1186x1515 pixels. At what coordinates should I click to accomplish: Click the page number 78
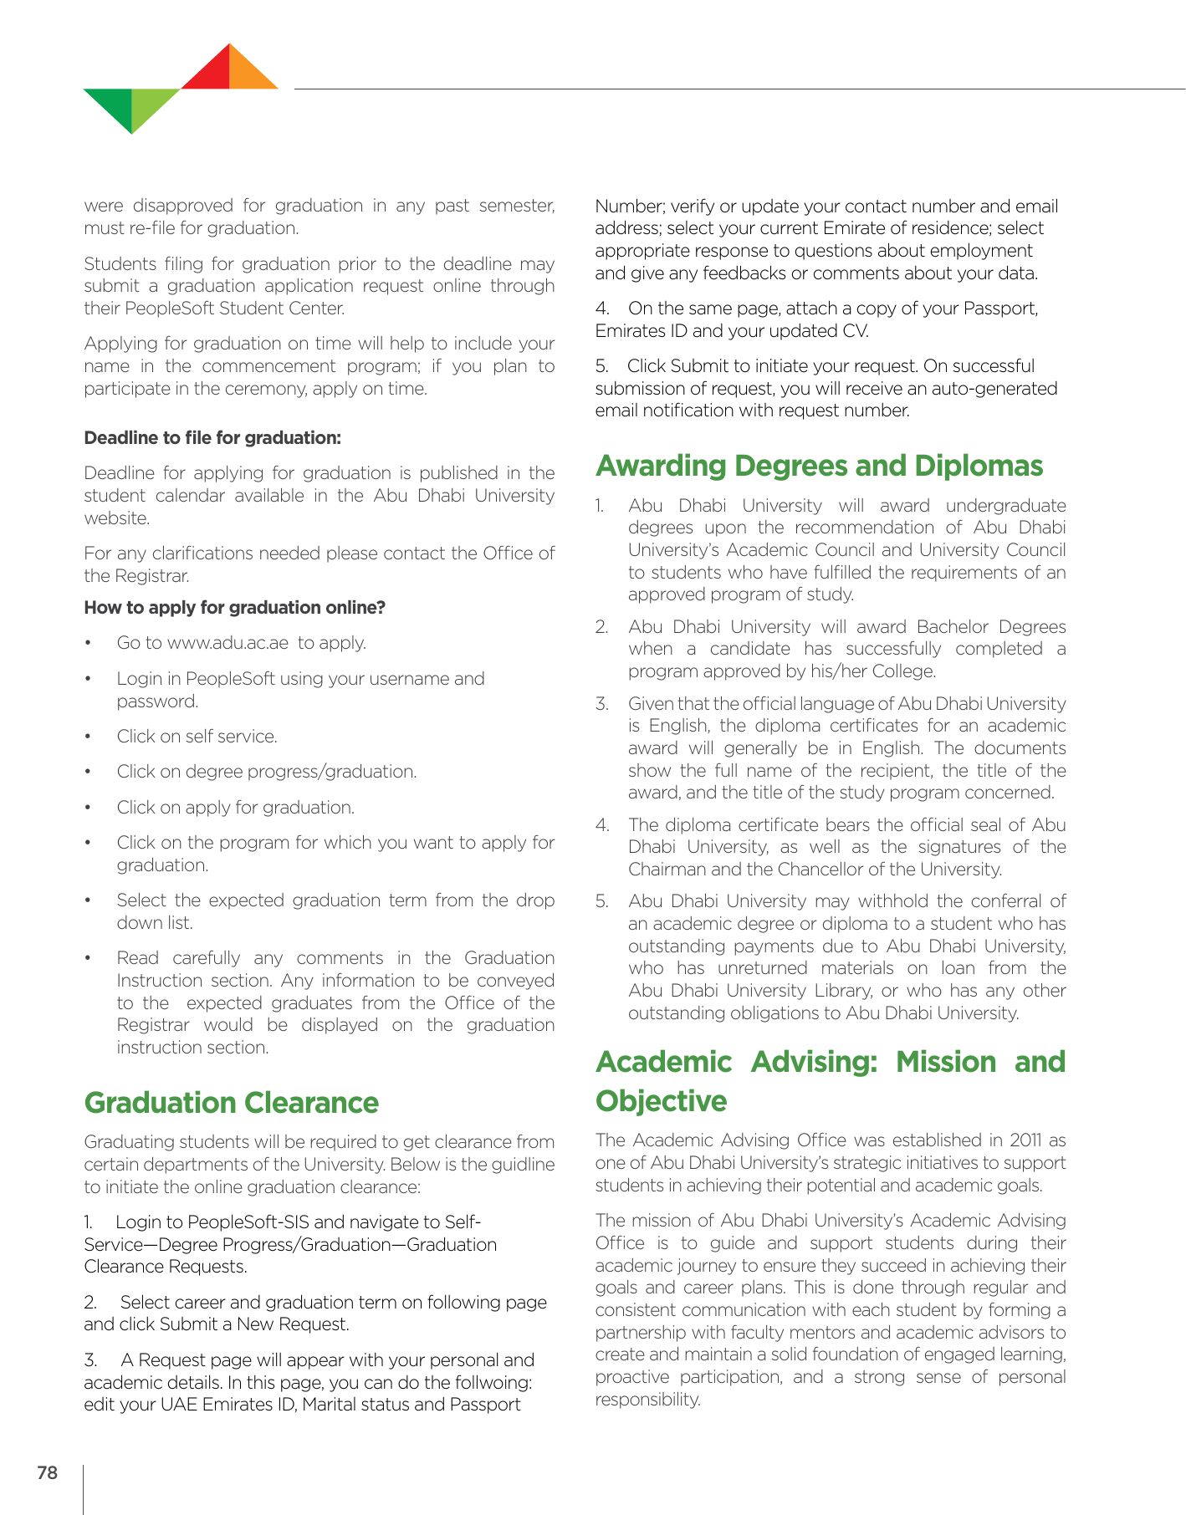pos(48,1473)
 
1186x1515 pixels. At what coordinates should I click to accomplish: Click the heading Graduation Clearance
pos(231,1103)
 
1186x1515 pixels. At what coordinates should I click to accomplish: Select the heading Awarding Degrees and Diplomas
pos(819,466)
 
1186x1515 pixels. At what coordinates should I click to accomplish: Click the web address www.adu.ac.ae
pos(227,643)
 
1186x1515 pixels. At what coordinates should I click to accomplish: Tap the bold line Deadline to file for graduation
pos(212,438)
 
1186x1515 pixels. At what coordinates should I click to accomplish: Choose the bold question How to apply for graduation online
pos(234,608)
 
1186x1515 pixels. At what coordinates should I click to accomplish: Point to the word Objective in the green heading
pos(661,1101)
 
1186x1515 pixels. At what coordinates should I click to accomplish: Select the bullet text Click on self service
pos(197,737)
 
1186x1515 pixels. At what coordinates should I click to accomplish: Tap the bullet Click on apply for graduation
pos(235,808)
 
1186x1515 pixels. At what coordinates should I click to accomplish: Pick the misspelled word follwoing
pos(489,1383)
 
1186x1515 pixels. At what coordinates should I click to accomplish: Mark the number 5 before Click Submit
pos(601,366)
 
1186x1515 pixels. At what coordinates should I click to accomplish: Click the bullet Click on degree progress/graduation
pos(266,772)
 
